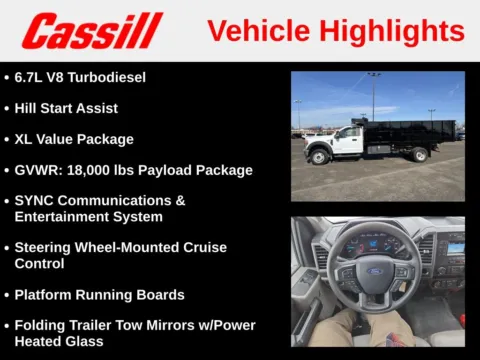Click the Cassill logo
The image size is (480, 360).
[92, 30]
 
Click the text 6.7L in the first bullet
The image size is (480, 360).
[32, 77]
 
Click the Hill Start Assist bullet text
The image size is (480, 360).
[66, 108]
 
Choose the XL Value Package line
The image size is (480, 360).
[74, 139]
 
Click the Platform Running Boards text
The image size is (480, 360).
[99, 294]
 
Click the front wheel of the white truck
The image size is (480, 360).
[319, 156]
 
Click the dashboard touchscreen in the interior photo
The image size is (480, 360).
[455, 247]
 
